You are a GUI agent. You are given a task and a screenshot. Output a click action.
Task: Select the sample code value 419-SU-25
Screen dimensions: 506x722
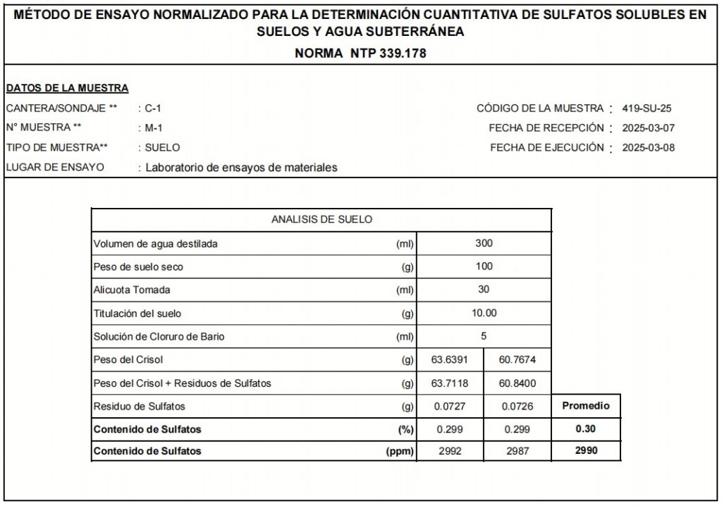[x=649, y=109]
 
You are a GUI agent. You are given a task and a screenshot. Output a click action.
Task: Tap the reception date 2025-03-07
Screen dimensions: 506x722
[x=649, y=128]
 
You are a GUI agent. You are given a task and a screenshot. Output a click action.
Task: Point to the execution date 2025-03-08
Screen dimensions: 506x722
[x=649, y=148]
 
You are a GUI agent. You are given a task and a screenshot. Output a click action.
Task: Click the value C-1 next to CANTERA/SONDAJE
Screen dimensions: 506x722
[x=153, y=109]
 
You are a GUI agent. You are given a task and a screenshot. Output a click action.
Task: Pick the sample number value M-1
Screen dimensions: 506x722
[x=154, y=128]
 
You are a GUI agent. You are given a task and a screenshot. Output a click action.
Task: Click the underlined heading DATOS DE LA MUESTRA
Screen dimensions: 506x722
[x=67, y=88]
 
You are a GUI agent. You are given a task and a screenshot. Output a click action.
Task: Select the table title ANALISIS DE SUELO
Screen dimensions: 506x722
[x=322, y=220]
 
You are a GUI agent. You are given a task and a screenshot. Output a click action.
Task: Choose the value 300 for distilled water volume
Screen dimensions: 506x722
[x=484, y=243]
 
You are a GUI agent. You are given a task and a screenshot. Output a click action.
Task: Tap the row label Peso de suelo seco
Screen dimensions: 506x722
[x=138, y=267]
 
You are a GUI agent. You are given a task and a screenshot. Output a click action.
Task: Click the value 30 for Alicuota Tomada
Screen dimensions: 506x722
[x=484, y=290]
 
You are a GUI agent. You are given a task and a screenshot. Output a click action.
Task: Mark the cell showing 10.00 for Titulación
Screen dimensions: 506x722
[x=484, y=313]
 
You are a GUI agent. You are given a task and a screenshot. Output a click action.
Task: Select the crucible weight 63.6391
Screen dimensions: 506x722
[x=450, y=360]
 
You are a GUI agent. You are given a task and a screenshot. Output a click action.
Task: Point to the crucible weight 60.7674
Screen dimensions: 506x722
[x=518, y=360]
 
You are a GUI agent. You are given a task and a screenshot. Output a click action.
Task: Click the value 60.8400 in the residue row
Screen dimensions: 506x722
[x=518, y=383]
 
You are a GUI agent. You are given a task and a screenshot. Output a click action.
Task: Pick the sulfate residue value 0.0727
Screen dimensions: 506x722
[x=450, y=407]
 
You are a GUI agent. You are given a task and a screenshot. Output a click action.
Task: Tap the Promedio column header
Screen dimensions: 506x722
[x=586, y=406]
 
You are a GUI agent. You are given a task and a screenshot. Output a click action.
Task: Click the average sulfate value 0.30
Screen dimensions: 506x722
[x=586, y=428]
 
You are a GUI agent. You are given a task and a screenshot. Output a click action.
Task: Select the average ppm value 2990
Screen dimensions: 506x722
[x=586, y=451]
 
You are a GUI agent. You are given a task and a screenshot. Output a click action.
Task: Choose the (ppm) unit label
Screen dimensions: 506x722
[x=400, y=451]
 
